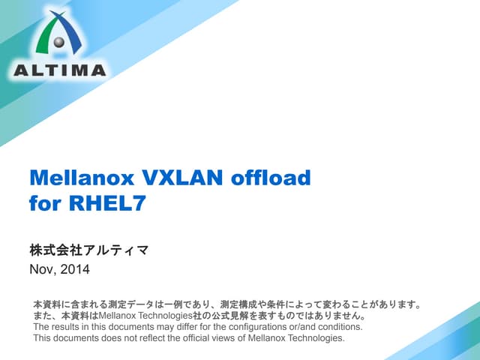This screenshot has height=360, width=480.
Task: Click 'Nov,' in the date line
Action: coord(43,268)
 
